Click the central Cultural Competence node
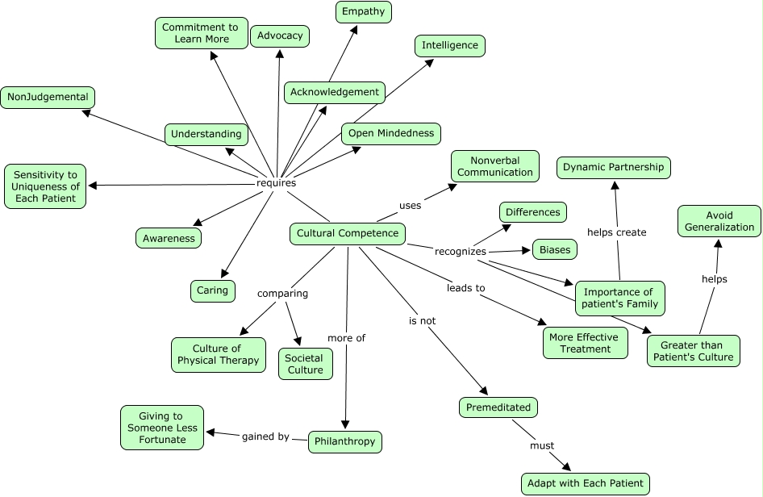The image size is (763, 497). pyautogui.click(x=348, y=234)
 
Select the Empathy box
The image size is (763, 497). pyautogui.click(x=363, y=12)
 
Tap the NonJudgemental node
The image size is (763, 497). pyautogui.click(x=48, y=98)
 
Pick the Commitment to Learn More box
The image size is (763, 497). pyautogui.click(x=201, y=33)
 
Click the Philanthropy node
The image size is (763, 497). pyautogui.click(x=344, y=442)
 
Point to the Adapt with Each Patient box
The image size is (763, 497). pyautogui.click(x=585, y=483)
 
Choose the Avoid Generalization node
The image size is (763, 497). pyautogui.click(x=719, y=221)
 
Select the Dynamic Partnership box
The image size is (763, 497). pyautogui.click(x=614, y=168)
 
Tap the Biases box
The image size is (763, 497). pyautogui.click(x=555, y=249)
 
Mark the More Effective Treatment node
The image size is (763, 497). pyautogui.click(x=585, y=343)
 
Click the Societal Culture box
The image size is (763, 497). pyautogui.click(x=305, y=364)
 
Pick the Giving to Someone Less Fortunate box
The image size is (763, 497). pyautogui.click(x=161, y=428)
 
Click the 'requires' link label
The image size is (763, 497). pyautogui.click(x=276, y=183)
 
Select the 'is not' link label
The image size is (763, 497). pyautogui.click(x=422, y=320)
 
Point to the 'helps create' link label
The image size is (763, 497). pyautogui.click(x=616, y=232)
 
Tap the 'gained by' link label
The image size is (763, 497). pyautogui.click(x=265, y=436)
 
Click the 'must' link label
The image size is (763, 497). pyautogui.click(x=542, y=445)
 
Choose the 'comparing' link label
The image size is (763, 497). pyautogui.click(x=282, y=294)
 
